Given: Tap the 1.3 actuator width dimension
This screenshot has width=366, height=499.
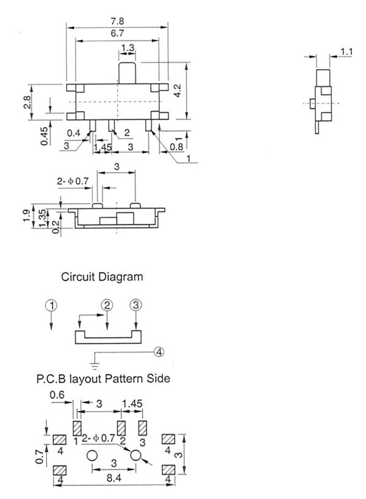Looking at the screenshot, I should tap(128, 48).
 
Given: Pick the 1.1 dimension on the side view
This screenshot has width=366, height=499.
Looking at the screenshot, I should tap(346, 52).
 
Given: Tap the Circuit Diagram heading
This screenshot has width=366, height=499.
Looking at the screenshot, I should tap(102, 276).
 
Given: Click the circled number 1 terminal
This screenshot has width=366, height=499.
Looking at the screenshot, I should tap(52, 305).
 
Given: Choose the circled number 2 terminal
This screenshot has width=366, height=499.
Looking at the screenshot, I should tap(107, 305).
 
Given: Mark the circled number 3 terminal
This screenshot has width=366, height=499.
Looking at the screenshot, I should tap(135, 305).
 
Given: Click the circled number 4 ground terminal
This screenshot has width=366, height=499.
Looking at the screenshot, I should tap(159, 351).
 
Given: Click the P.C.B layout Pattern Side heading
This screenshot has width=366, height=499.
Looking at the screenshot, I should tap(102, 379).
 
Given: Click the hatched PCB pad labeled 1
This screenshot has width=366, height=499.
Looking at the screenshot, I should tap(77, 426).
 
